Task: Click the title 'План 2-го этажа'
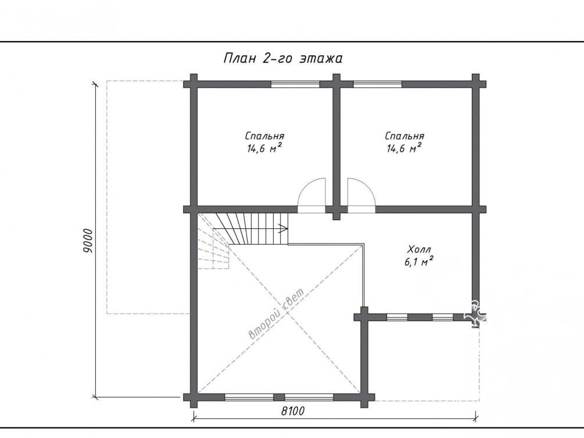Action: [x=282, y=59]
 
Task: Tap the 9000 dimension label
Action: [x=88, y=240]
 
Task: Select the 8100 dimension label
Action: [x=292, y=411]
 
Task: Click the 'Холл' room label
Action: [x=419, y=249]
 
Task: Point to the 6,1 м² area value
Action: [x=418, y=262]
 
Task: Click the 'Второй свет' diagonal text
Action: [x=276, y=314]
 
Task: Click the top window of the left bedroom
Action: [x=295, y=84]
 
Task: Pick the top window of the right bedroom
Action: [x=378, y=84]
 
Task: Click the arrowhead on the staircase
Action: [x=284, y=229]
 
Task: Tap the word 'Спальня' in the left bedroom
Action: [x=265, y=136]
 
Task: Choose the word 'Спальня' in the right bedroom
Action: [x=404, y=136]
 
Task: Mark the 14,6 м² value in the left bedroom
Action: [x=264, y=149]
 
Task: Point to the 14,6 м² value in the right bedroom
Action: [x=404, y=149]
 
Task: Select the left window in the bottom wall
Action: [x=249, y=397]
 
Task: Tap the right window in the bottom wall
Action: [x=309, y=397]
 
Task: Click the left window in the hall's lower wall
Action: [x=397, y=317]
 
